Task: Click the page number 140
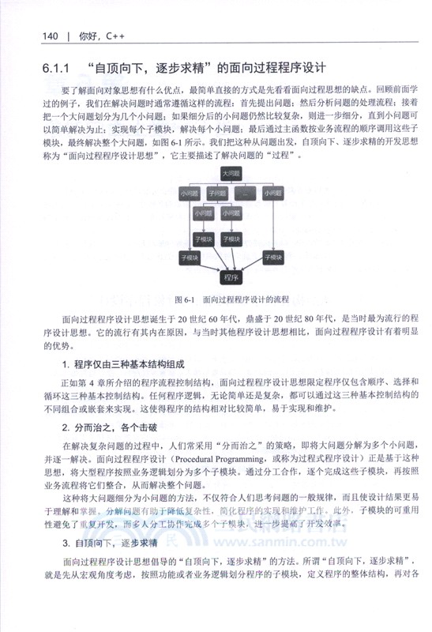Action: coord(50,36)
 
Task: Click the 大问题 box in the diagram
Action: coord(231,172)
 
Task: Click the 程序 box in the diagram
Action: coord(231,277)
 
